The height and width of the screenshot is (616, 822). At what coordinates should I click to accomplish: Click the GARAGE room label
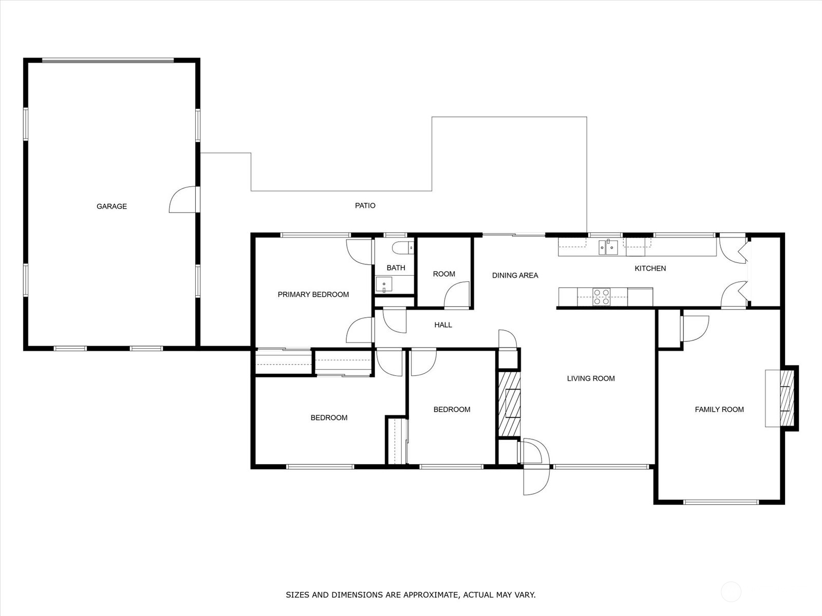click(x=111, y=206)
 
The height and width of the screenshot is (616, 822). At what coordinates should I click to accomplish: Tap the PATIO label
click(x=365, y=205)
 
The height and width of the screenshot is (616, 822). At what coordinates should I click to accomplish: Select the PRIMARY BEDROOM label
click(x=313, y=294)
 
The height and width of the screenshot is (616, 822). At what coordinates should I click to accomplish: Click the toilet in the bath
click(x=403, y=248)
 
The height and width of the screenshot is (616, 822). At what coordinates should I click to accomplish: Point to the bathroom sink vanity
click(x=384, y=284)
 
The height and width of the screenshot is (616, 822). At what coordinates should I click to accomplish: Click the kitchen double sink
click(x=608, y=247)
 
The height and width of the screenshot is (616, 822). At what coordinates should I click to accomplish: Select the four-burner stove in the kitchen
click(x=602, y=297)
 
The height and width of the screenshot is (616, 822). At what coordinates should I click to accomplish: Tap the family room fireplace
click(x=786, y=398)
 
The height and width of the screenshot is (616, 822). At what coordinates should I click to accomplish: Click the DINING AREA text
click(x=515, y=276)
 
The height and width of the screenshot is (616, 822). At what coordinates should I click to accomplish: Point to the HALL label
click(x=443, y=325)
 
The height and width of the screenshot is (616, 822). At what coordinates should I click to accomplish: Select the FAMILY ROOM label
click(x=719, y=409)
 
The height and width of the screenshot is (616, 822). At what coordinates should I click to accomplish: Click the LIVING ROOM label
click(x=591, y=378)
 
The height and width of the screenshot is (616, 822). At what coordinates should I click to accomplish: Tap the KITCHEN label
click(x=650, y=268)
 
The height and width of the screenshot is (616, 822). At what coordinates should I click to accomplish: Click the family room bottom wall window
click(x=720, y=502)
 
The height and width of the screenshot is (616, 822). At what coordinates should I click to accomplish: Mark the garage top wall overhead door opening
click(x=108, y=61)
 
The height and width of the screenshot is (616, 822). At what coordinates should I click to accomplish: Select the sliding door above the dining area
click(x=514, y=235)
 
